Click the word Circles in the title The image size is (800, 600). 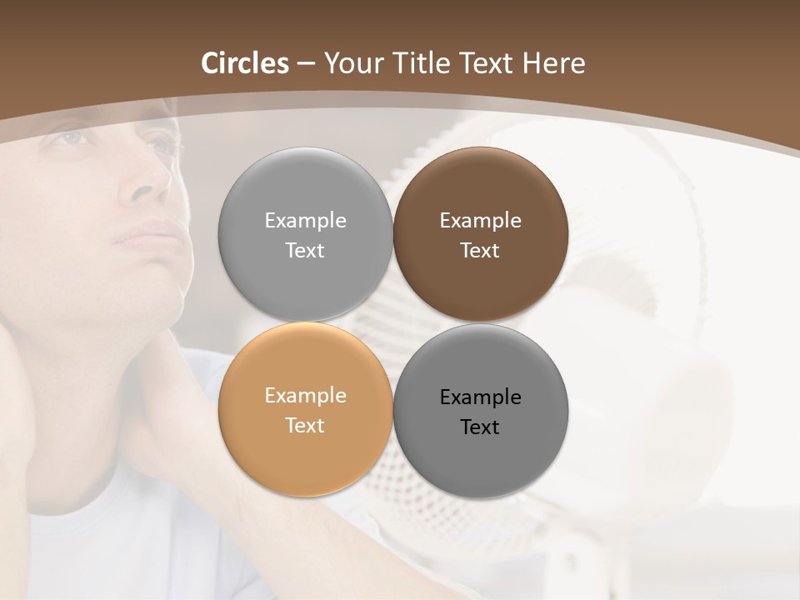(x=245, y=63)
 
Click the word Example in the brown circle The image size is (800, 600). (x=480, y=221)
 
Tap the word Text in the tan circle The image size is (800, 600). (x=305, y=425)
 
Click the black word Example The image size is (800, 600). (x=480, y=397)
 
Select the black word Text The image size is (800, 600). (x=480, y=427)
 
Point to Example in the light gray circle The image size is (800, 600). (x=305, y=221)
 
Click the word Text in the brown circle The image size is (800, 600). (x=480, y=250)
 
